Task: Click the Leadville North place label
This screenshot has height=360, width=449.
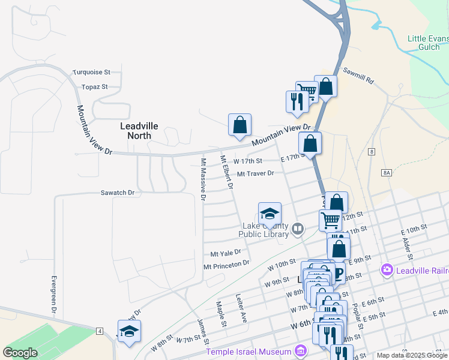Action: coord(139,130)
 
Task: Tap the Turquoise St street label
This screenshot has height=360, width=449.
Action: coord(92,72)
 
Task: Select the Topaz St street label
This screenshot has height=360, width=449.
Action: coord(95,86)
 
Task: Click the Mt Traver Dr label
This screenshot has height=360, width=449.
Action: coord(255,174)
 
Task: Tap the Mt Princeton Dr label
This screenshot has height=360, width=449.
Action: coord(226,265)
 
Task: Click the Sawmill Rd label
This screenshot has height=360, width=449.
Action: coord(358,76)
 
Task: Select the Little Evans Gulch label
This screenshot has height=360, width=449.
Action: coord(428,43)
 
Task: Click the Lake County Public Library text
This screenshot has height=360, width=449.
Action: coord(264,230)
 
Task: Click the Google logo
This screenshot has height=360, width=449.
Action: coord(20,353)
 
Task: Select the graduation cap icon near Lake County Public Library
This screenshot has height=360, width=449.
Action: coord(270,214)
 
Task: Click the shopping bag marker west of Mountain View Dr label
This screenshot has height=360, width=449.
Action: coord(240,125)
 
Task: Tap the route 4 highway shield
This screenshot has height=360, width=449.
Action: coord(99,331)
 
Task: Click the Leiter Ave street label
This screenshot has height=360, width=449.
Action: coord(241,309)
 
